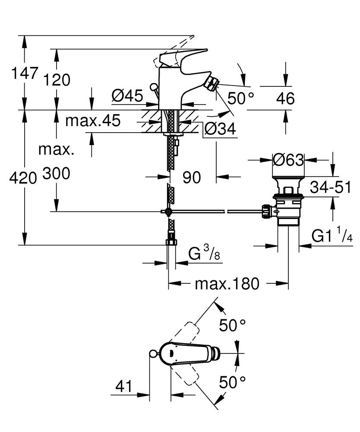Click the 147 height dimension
pyautogui.click(x=25, y=73)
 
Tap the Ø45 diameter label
pyautogui.click(x=127, y=95)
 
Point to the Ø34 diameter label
pyautogui.click(x=221, y=129)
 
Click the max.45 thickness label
pyautogui.click(x=93, y=121)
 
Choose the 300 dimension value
pyautogui.click(x=56, y=174)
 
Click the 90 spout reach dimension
pyautogui.click(x=192, y=177)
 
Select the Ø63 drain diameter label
pyautogui.click(x=288, y=160)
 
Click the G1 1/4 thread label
pyautogui.click(x=332, y=236)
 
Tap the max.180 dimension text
pyautogui.click(x=227, y=284)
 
